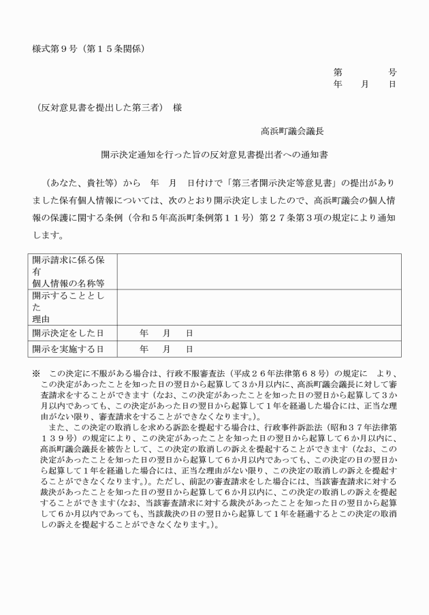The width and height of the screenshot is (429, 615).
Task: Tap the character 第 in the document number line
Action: click(338, 72)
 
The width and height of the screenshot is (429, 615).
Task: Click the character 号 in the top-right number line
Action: click(392, 72)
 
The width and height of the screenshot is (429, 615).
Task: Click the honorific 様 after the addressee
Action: click(177, 108)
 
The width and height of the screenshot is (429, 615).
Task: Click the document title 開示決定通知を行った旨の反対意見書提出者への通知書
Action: click(214, 155)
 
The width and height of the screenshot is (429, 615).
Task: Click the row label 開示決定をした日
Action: click(67, 333)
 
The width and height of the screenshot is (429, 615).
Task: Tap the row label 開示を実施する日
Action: click(67, 349)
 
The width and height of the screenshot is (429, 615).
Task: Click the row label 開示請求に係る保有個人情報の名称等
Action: click(67, 271)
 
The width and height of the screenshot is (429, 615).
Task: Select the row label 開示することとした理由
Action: click(67, 306)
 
